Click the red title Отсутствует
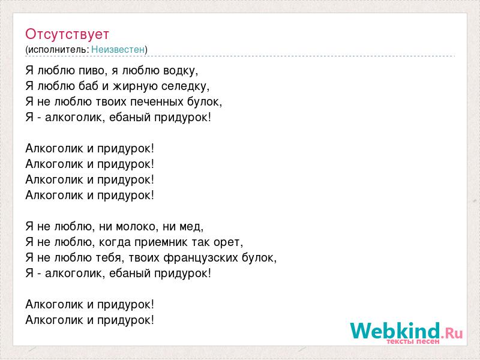(x=67, y=34)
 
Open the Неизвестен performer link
(x=118, y=49)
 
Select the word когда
(x=115, y=242)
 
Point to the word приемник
(x=161, y=243)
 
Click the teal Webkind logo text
(x=395, y=331)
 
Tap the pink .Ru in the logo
(x=452, y=333)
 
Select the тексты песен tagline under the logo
(x=413, y=341)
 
